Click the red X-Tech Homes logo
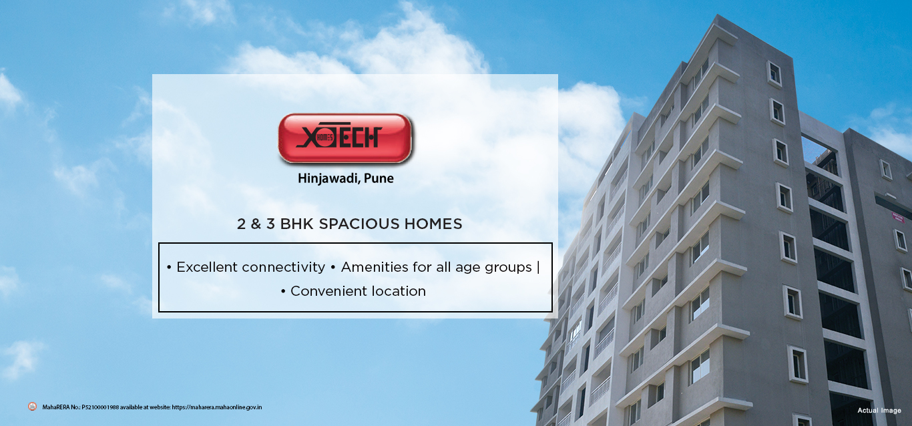tap(345, 138)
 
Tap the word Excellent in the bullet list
tap(207, 267)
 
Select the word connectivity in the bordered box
tap(284, 267)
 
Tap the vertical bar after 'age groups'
tap(538, 267)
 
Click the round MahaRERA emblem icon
tap(32, 406)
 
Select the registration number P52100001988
tap(100, 407)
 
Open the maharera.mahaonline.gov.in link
tap(217, 407)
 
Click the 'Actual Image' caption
tap(879, 410)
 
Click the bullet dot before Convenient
tap(283, 292)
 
